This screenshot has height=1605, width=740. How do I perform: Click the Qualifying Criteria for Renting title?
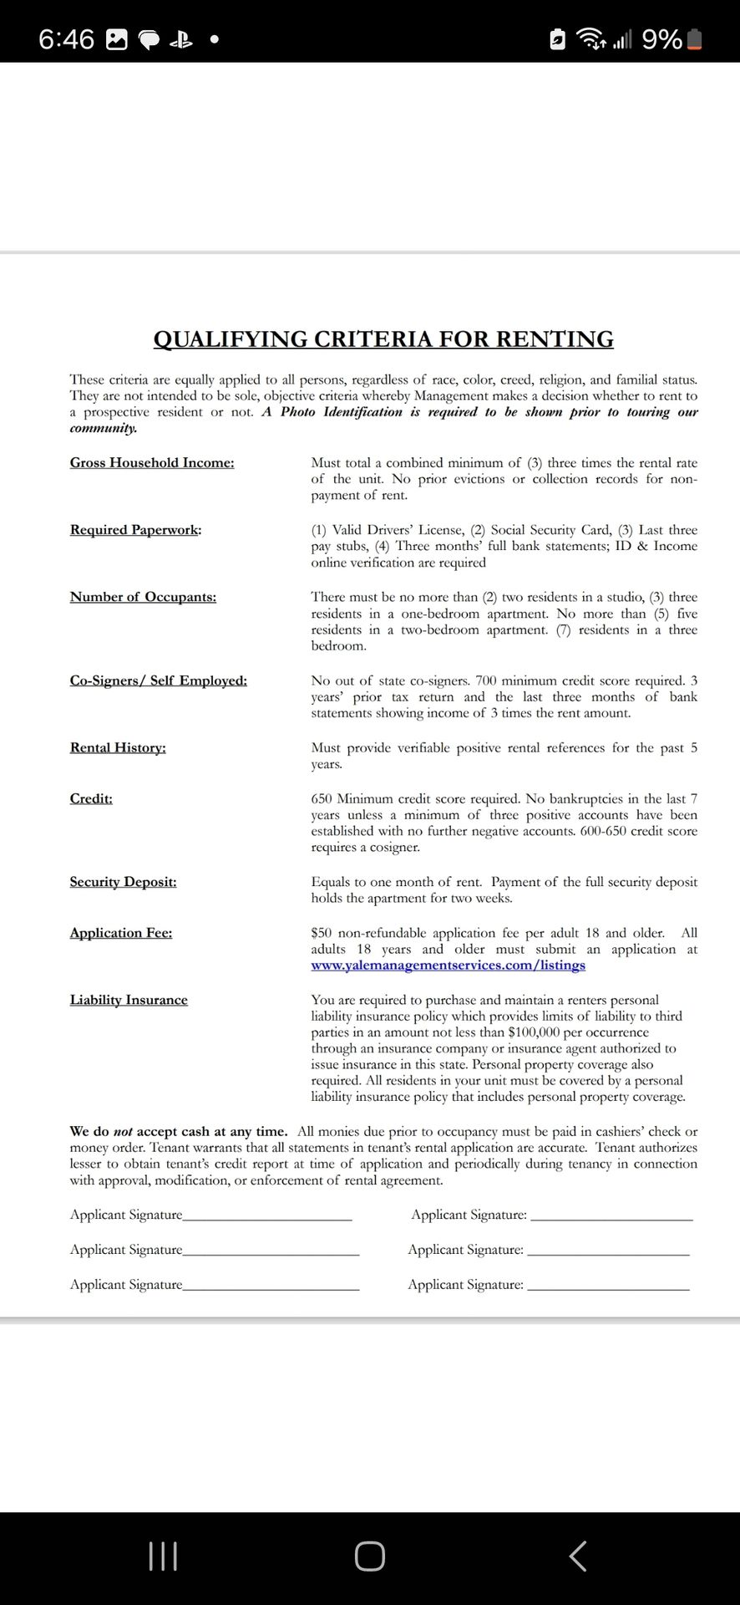(383, 339)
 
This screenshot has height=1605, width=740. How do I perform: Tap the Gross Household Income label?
(152, 462)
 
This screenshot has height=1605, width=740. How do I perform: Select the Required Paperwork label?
(135, 529)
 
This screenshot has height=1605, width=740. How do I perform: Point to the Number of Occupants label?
(143, 597)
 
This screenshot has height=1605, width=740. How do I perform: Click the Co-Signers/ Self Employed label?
(159, 680)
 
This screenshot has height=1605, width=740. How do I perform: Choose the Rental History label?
(118, 747)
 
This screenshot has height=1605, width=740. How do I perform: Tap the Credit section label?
(91, 798)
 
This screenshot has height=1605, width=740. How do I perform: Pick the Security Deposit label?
(123, 882)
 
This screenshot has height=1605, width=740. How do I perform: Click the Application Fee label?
(121, 933)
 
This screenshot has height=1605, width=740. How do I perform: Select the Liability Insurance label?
(129, 1000)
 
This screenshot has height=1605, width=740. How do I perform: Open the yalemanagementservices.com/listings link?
(448, 966)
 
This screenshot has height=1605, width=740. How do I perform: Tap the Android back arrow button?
(577, 1557)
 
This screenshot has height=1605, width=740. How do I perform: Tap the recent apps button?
(163, 1557)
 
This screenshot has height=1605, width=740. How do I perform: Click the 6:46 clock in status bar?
(66, 39)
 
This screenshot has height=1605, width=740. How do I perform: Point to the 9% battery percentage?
(661, 39)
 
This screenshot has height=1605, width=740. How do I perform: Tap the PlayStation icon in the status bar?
(181, 39)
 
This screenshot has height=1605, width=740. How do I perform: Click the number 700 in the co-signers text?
(486, 680)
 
